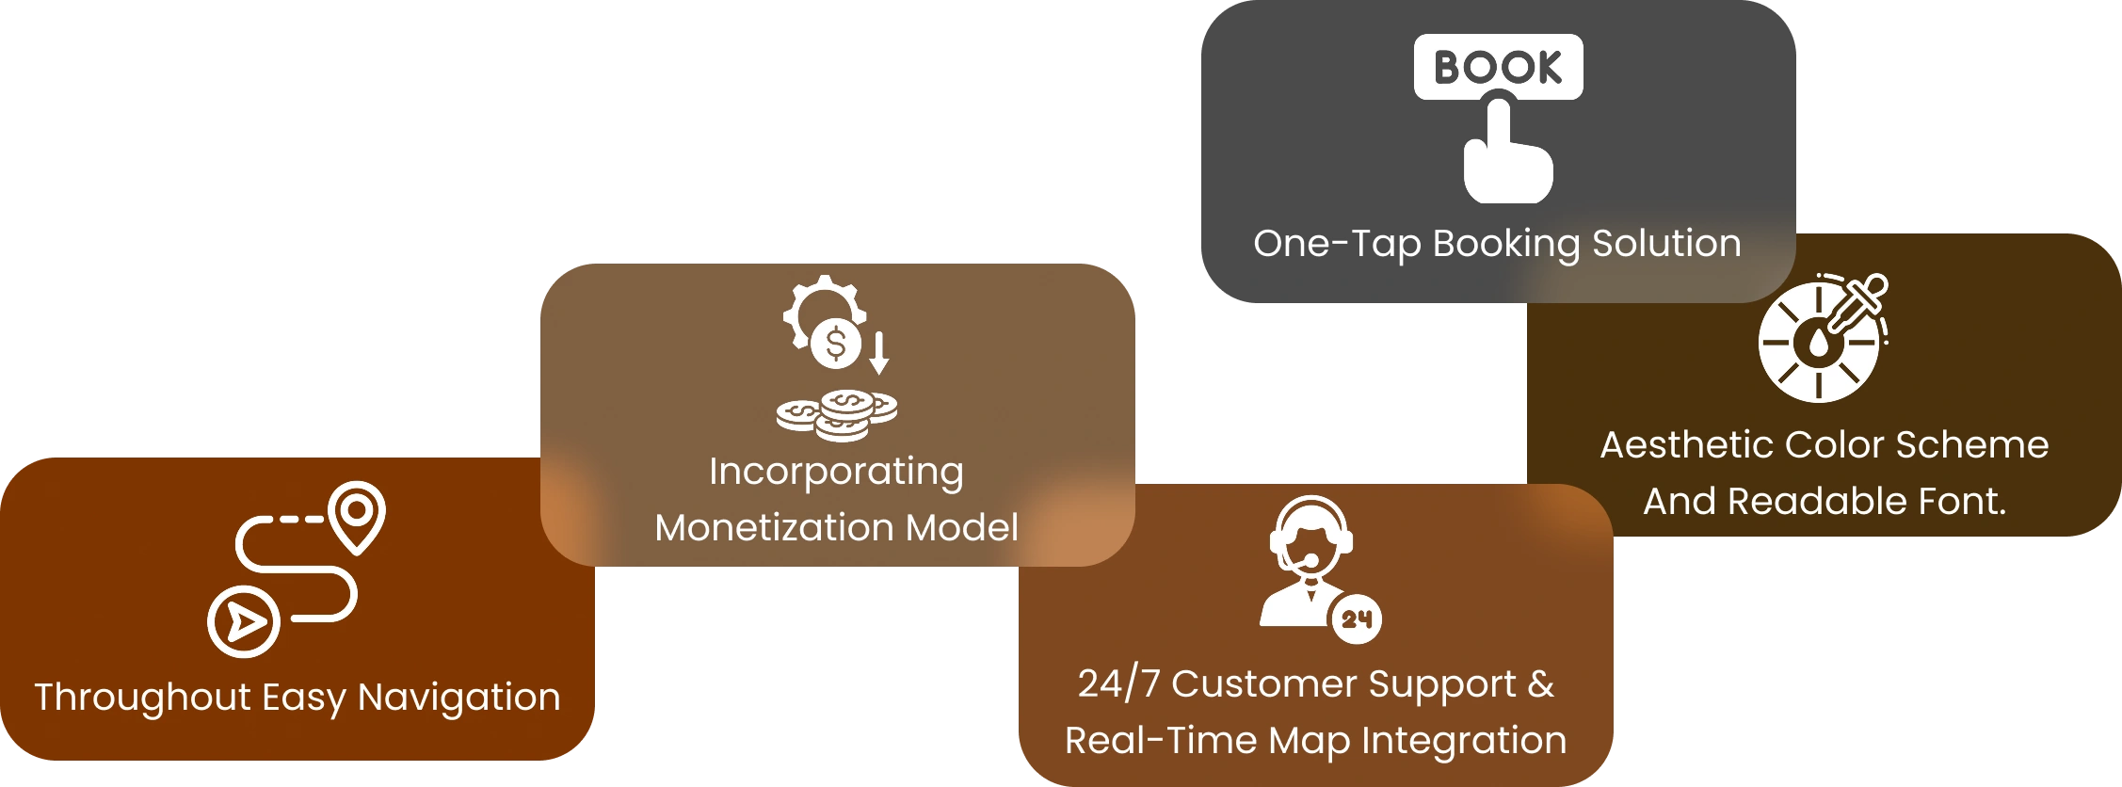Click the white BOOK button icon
[1498, 67]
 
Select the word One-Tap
[1337, 244]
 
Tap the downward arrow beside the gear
[879, 353]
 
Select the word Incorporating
[836, 472]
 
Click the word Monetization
[775, 527]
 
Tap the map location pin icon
[357, 516]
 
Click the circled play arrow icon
[244, 621]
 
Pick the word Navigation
[459, 698]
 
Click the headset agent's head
[1310, 538]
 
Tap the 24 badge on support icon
[1356, 619]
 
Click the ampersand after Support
[1541, 683]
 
